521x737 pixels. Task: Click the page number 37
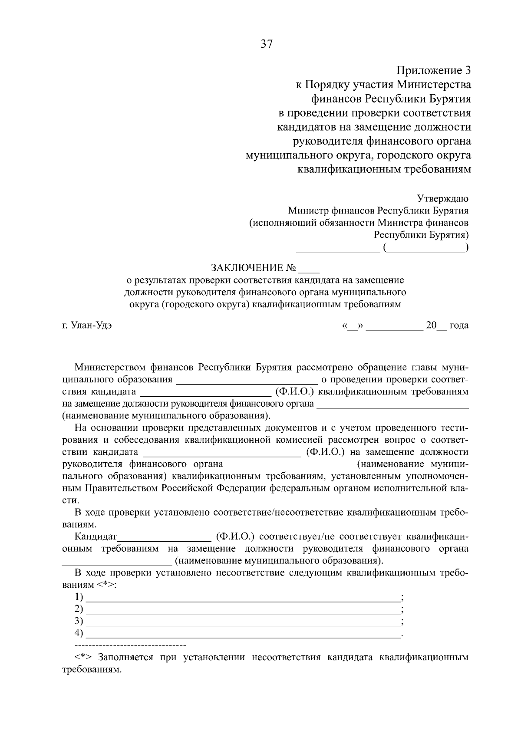(266, 44)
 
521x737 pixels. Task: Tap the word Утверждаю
(442, 199)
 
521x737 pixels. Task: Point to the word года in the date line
(459, 325)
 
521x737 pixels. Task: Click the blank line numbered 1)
(243, 598)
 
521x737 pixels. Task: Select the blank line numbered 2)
(243, 610)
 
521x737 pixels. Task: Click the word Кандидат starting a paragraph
(96, 536)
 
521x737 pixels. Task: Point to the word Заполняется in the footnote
(125, 657)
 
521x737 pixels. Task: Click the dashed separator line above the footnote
(130, 646)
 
